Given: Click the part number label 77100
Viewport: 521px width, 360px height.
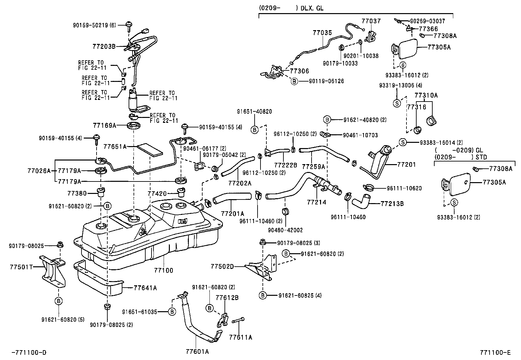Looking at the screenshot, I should [x=164, y=271].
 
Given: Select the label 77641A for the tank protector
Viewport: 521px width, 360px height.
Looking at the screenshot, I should [x=145, y=288].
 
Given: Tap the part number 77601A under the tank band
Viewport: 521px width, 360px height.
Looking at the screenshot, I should [x=197, y=352].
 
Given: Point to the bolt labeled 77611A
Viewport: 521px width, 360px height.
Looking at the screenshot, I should [x=241, y=337].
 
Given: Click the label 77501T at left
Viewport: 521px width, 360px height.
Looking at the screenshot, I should [x=21, y=267].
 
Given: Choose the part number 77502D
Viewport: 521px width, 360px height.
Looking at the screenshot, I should [x=222, y=267].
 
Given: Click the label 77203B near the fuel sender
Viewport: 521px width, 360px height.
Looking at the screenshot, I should [x=104, y=47].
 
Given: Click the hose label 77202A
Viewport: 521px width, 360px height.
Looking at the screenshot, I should [x=240, y=183].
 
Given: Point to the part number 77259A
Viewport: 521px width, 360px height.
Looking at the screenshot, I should [x=313, y=167].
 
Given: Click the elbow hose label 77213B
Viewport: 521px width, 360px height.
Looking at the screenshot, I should [x=392, y=204].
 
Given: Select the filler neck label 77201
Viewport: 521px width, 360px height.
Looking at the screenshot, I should [x=406, y=164].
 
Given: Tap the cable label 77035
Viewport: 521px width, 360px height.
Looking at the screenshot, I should [x=322, y=33].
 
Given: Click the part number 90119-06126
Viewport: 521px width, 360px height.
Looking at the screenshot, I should [x=326, y=81].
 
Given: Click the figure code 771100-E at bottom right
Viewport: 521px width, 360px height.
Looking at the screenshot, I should [x=495, y=352].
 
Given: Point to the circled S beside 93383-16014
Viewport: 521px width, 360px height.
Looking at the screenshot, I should [x=403, y=142].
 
